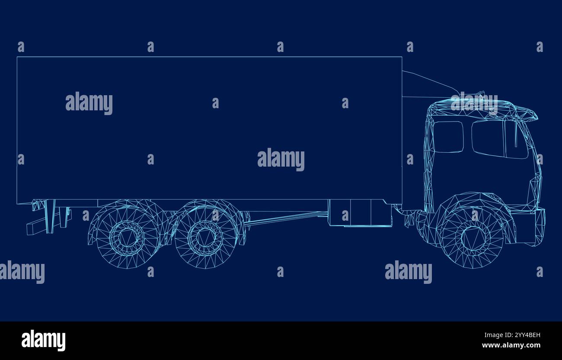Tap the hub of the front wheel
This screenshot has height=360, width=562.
pos(473,238)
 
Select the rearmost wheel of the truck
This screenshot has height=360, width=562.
pos(126,236)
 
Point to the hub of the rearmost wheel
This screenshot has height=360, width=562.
pos(126,236)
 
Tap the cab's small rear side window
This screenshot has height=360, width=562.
pos(448,136)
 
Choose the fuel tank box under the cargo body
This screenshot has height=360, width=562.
pos(359,213)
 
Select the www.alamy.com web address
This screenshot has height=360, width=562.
pos(511,345)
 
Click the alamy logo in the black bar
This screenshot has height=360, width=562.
pos(43,340)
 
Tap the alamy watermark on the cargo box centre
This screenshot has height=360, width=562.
pos(281,159)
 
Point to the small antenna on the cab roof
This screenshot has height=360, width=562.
pos(480,93)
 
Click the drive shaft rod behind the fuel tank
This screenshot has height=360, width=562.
pos(285,219)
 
